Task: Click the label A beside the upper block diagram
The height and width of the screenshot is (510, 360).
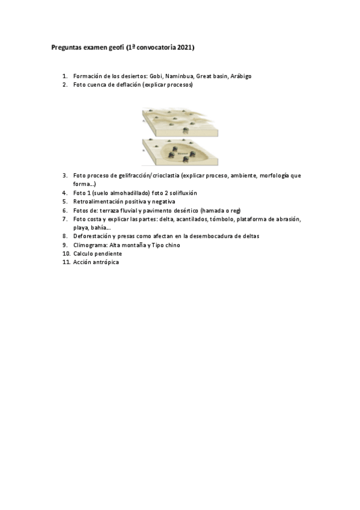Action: tap(143, 121)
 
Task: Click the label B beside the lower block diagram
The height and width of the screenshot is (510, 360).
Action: tap(143, 152)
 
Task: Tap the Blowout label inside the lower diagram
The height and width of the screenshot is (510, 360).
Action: tap(182, 153)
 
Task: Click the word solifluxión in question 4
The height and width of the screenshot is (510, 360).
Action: tap(179, 192)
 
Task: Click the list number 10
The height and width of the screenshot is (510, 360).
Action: tap(66, 254)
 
